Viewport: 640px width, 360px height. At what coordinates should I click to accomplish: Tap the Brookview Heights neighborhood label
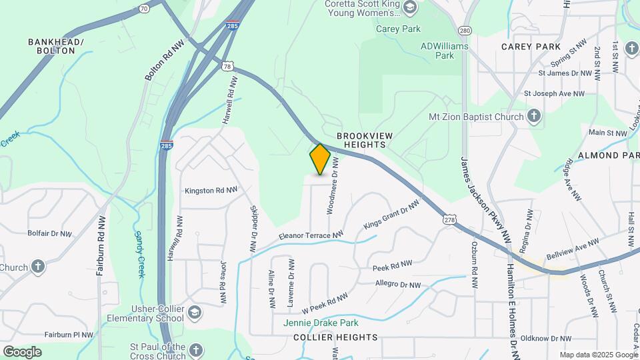365,140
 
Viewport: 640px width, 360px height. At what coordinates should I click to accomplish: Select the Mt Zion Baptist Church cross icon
533,117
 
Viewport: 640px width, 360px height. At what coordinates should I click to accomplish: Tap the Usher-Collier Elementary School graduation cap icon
194,312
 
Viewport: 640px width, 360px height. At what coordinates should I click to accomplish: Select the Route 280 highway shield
465,31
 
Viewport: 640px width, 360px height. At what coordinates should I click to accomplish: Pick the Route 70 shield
144,8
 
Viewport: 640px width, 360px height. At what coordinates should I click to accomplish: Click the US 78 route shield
228,66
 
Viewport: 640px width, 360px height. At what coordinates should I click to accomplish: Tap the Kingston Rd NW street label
211,190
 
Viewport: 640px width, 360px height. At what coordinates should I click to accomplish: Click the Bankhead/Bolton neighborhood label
56,47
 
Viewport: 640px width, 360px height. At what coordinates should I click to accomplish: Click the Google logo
22,351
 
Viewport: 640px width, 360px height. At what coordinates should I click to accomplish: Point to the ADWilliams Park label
445,51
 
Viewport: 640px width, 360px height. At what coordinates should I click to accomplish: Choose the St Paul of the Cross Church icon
195,350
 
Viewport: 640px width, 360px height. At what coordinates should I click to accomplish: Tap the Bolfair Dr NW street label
49,234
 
